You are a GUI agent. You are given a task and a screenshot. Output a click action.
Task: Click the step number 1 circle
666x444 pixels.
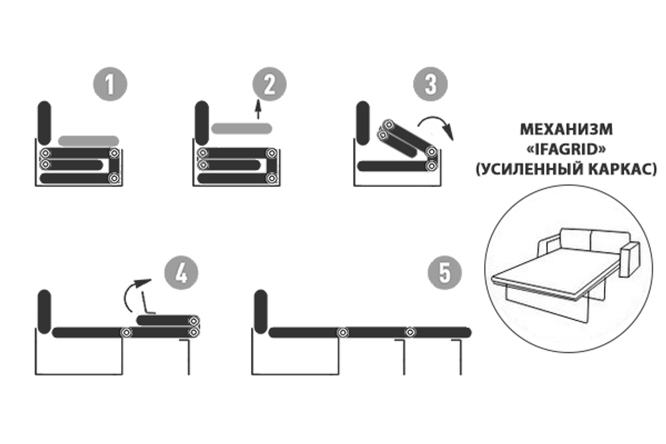pyautogui.click(x=109, y=85)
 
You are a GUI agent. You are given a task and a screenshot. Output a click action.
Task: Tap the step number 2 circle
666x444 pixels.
pyautogui.click(x=270, y=85)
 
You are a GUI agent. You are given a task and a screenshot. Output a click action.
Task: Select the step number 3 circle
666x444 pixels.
pyautogui.click(x=430, y=85)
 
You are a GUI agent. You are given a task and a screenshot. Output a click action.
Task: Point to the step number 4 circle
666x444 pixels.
pyautogui.click(x=181, y=274)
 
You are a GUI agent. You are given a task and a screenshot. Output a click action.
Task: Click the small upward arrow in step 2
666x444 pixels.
pyautogui.click(x=258, y=108)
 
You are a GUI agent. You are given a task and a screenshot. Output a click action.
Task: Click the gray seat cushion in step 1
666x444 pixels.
pyautogui.click(x=89, y=141)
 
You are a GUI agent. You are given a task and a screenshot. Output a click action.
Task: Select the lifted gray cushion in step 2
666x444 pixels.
pyautogui.click(x=241, y=128)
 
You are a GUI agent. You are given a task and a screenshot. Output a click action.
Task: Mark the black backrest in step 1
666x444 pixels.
pyautogui.click(x=45, y=122)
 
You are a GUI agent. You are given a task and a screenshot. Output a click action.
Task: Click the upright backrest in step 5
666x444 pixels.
pyautogui.click(x=261, y=311)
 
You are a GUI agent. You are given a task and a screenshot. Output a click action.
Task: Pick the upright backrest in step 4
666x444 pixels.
pyautogui.click(x=45, y=311)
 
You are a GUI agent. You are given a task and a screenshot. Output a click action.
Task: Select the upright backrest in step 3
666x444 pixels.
pyautogui.click(x=363, y=122)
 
